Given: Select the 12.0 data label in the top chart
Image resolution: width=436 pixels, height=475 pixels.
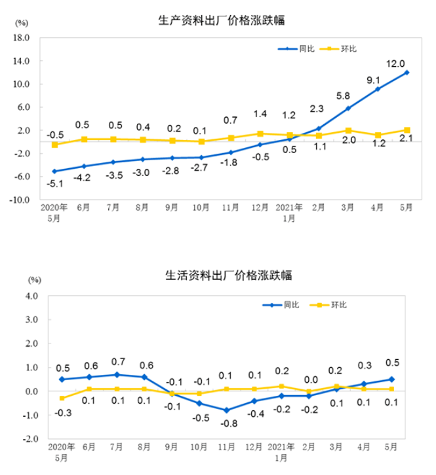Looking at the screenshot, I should (x=395, y=63).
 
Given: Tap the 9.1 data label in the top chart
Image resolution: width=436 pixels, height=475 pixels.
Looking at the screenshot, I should (x=373, y=81).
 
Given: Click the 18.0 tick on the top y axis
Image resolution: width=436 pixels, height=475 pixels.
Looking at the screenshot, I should (x=22, y=38).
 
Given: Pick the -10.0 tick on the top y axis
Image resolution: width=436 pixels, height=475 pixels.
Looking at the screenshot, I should (x=21, y=200).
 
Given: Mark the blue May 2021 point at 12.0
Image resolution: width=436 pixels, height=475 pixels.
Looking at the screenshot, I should (x=406, y=72).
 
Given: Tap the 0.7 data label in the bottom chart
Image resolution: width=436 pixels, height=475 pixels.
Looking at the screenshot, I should (x=118, y=361).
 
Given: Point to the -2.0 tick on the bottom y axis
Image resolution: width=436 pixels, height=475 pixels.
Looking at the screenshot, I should (x=31, y=439).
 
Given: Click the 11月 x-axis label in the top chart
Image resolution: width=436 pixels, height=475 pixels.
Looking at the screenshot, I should (x=230, y=209).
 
